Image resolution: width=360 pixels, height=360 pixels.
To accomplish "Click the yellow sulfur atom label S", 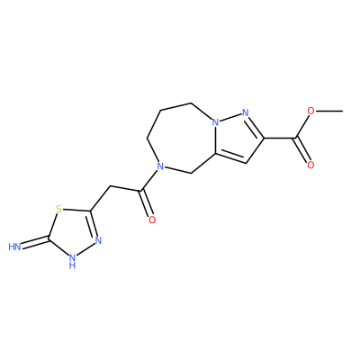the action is click(x=58, y=209).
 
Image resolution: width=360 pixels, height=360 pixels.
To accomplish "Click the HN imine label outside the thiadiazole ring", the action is click(x=14, y=247).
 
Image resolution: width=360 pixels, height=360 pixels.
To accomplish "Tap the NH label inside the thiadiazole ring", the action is click(x=72, y=260).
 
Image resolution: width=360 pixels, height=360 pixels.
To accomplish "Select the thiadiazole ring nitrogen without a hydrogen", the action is click(x=98, y=240).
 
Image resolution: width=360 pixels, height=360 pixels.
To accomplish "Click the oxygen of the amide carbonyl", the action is click(x=152, y=220).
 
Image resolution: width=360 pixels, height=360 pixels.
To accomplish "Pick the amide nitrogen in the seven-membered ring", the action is click(x=161, y=166).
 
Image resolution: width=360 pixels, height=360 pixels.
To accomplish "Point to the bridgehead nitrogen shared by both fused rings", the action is click(x=215, y=122).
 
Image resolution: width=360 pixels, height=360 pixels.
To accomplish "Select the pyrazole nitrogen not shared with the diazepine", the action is click(x=246, y=113).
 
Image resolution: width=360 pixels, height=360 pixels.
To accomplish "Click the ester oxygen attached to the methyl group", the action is click(x=311, y=112).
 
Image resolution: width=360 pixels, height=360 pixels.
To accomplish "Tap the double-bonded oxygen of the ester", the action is click(x=310, y=165).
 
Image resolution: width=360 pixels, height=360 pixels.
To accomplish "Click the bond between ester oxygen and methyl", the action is click(x=329, y=112).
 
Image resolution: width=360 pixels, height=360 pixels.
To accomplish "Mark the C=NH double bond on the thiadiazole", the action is click(x=35, y=242).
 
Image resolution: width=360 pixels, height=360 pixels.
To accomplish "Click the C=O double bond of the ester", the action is click(x=302, y=150).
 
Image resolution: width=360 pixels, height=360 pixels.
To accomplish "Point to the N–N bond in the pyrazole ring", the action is click(x=230, y=118).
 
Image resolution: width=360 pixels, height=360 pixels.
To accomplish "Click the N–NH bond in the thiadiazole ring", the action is click(x=86, y=249).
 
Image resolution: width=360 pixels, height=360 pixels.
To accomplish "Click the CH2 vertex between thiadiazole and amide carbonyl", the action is click(x=109, y=186).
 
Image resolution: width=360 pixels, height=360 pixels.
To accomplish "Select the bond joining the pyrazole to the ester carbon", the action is click(x=280, y=138).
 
